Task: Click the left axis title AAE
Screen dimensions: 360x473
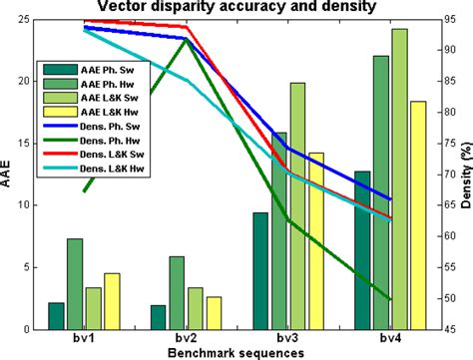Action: pos(9,177)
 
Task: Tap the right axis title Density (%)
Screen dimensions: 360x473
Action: pos(464,177)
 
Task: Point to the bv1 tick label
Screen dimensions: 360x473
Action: pos(84,339)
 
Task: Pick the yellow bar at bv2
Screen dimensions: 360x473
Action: pos(214,312)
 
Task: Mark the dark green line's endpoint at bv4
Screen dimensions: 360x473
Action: pos(390,299)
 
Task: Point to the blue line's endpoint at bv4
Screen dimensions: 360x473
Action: pos(390,199)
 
